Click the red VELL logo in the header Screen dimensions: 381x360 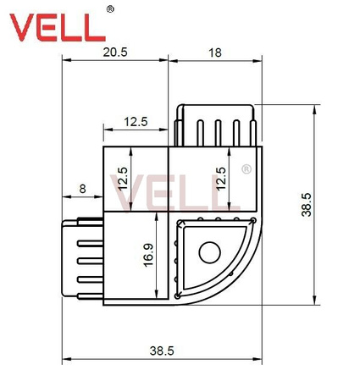click(58, 28)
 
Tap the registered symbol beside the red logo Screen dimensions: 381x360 click(111, 9)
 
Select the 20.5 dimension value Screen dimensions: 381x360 click(116, 52)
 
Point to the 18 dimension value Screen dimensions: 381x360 click(214, 52)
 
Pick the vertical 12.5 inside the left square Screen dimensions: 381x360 click(123, 179)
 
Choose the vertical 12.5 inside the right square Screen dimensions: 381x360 click(221, 179)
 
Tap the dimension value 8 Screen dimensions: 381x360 click(83, 189)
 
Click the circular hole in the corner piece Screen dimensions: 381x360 click(208, 251)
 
